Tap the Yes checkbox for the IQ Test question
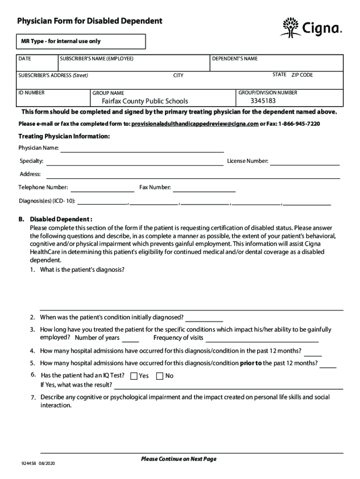tap(134, 376)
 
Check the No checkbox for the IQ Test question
tap(159, 376)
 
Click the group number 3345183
tap(263, 101)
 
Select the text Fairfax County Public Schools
tap(139, 101)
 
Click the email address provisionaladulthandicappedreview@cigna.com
tap(195, 124)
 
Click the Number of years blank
tap(130, 339)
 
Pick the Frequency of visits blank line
tap(262, 339)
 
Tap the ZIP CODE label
tap(302, 75)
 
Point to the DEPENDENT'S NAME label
tap(235, 58)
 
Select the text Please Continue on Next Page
tap(179, 459)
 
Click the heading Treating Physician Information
tap(64, 136)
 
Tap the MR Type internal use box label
tap(60, 41)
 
